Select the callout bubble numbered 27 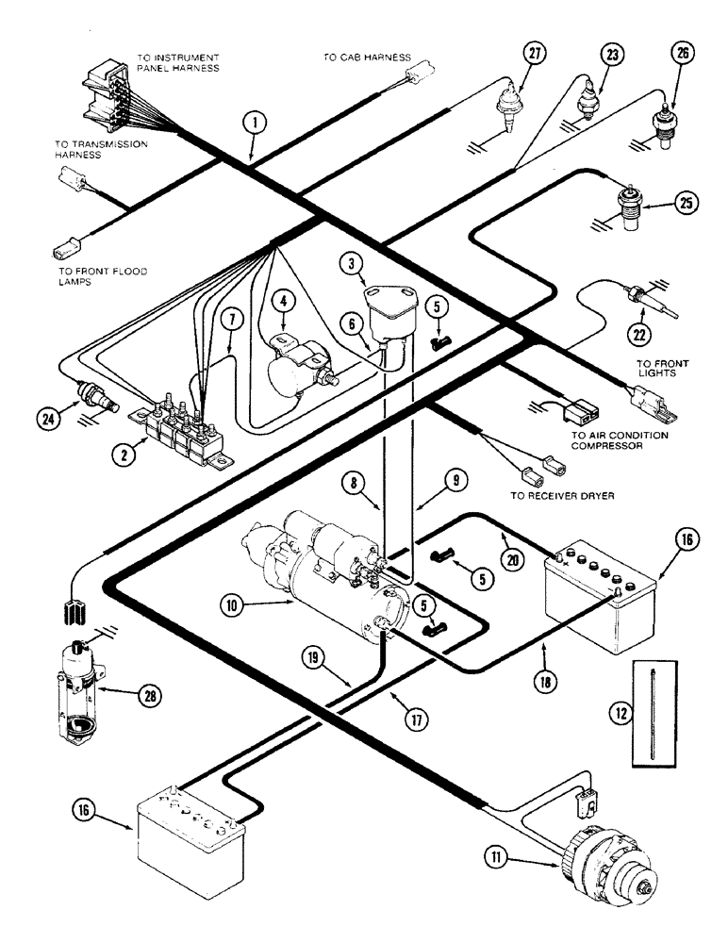click(534, 55)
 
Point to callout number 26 click(682, 55)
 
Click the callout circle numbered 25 click(687, 202)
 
